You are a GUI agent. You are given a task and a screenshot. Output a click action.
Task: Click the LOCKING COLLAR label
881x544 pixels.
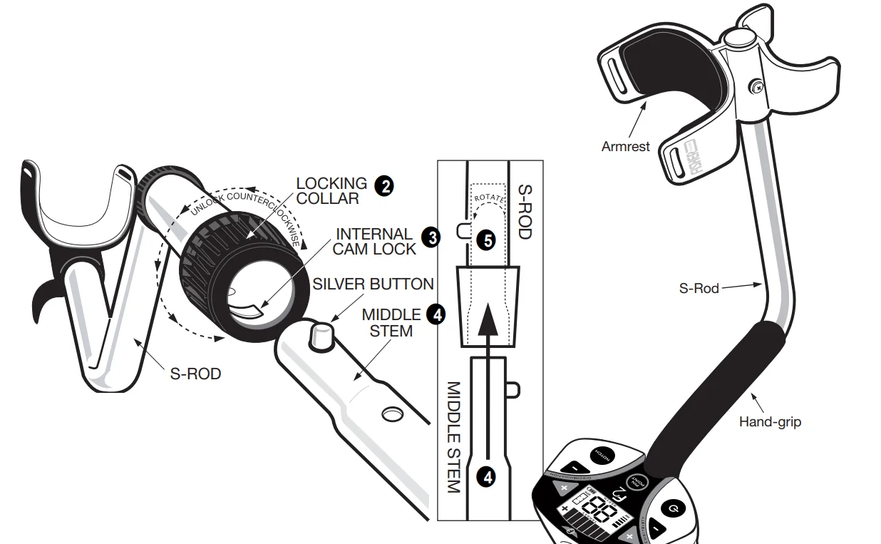pos(331,190)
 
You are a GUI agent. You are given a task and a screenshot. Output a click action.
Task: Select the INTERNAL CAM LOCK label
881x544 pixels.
pos(374,241)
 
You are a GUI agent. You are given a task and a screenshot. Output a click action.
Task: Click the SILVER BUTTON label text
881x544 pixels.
pos(373,284)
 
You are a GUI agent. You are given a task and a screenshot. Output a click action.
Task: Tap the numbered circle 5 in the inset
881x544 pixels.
pos(488,240)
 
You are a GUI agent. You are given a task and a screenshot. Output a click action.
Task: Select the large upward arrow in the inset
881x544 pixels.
pos(488,335)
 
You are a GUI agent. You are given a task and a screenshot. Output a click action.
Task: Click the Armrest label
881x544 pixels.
pos(626,146)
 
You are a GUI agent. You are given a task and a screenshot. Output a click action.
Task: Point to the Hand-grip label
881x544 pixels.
pos(770,422)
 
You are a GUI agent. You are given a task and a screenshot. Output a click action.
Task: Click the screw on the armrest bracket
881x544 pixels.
pos(754,88)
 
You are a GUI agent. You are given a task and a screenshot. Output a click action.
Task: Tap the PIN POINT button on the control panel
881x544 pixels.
pos(637,483)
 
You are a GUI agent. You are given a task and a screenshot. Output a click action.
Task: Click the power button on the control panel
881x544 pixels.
pos(674,508)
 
